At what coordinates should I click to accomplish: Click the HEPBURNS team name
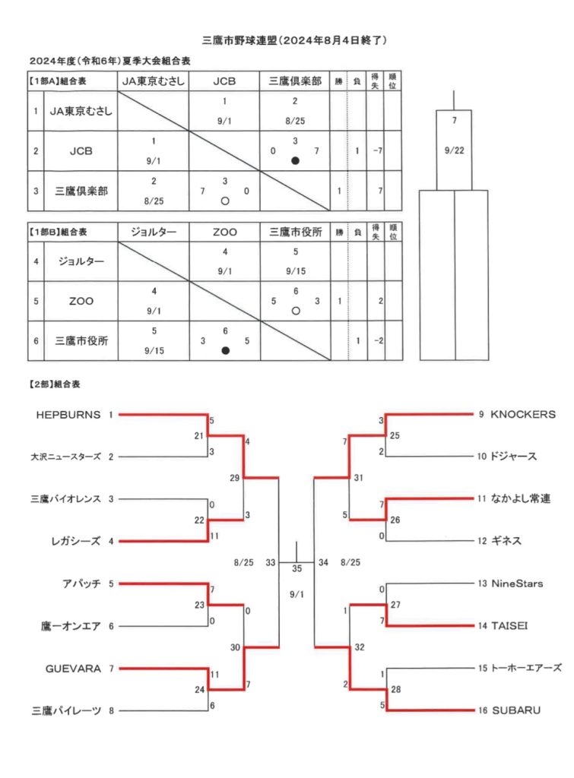pyautogui.click(x=68, y=415)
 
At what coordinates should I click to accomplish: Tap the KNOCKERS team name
pyautogui.click(x=523, y=414)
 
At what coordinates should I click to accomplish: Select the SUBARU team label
pyautogui.click(x=516, y=710)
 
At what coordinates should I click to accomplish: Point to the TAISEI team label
pyautogui.click(x=509, y=626)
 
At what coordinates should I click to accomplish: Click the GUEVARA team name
pyautogui.click(x=73, y=669)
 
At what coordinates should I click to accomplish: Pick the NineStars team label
pyautogui.click(x=517, y=583)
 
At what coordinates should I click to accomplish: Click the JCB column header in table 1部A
pyautogui.click(x=224, y=81)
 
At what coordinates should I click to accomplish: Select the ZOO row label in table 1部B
pyautogui.click(x=81, y=301)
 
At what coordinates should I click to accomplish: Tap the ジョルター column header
pyautogui.click(x=154, y=232)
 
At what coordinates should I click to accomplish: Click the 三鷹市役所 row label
pyautogui.click(x=81, y=341)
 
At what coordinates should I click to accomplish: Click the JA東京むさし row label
pyautogui.click(x=81, y=111)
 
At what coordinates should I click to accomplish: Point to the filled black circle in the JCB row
pyautogui.click(x=296, y=161)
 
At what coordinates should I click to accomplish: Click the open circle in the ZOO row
pyautogui.click(x=296, y=311)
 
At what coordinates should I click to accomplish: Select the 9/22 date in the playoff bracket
pyautogui.click(x=455, y=150)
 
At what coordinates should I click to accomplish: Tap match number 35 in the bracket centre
pyautogui.click(x=297, y=568)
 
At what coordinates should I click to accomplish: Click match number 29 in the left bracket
pyautogui.click(x=234, y=478)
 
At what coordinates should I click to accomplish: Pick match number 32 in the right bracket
pyautogui.click(x=359, y=647)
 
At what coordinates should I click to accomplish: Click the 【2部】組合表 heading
pyautogui.click(x=55, y=384)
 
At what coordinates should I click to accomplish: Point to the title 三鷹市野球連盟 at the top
pyautogui.click(x=239, y=40)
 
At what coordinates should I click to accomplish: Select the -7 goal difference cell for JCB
pyautogui.click(x=378, y=151)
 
